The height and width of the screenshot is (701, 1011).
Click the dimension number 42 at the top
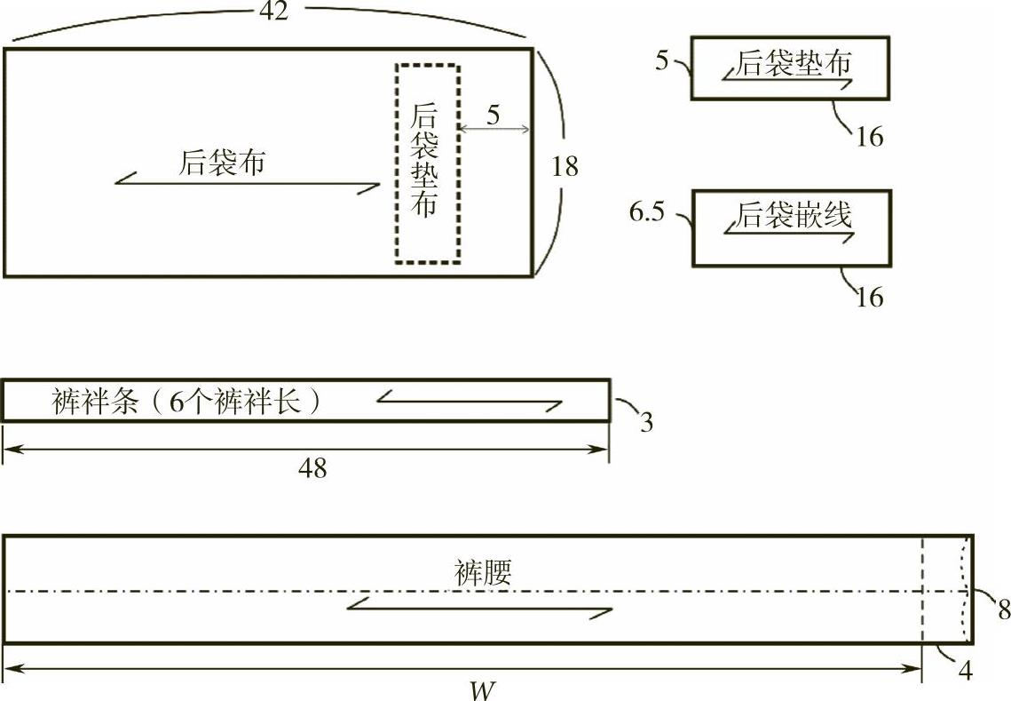tap(273, 12)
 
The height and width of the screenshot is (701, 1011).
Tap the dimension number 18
tap(565, 165)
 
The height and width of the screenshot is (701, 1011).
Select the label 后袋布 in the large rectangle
tap(222, 163)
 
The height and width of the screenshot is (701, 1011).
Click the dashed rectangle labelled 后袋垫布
tap(427, 163)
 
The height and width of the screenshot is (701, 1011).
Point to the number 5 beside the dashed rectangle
tap(494, 114)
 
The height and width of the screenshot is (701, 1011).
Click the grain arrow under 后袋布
tap(249, 186)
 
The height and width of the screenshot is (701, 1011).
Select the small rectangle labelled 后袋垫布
tap(790, 68)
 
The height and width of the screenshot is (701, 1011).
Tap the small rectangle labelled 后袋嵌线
tap(790, 227)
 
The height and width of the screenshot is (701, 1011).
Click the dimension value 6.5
tap(646, 213)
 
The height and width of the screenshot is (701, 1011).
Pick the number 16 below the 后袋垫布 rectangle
tap(870, 136)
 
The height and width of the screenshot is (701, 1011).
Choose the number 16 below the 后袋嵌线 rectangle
tap(870, 296)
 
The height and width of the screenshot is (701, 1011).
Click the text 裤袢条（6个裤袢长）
tap(186, 402)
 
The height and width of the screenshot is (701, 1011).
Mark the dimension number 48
tap(312, 468)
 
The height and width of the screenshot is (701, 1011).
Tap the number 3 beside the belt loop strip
tap(646, 423)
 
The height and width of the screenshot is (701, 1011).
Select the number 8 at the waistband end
tap(1004, 609)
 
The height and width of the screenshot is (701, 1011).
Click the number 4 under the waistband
tap(966, 672)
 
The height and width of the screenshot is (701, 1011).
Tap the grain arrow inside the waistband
tap(479, 609)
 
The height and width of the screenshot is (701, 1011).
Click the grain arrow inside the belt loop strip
tap(470, 402)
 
